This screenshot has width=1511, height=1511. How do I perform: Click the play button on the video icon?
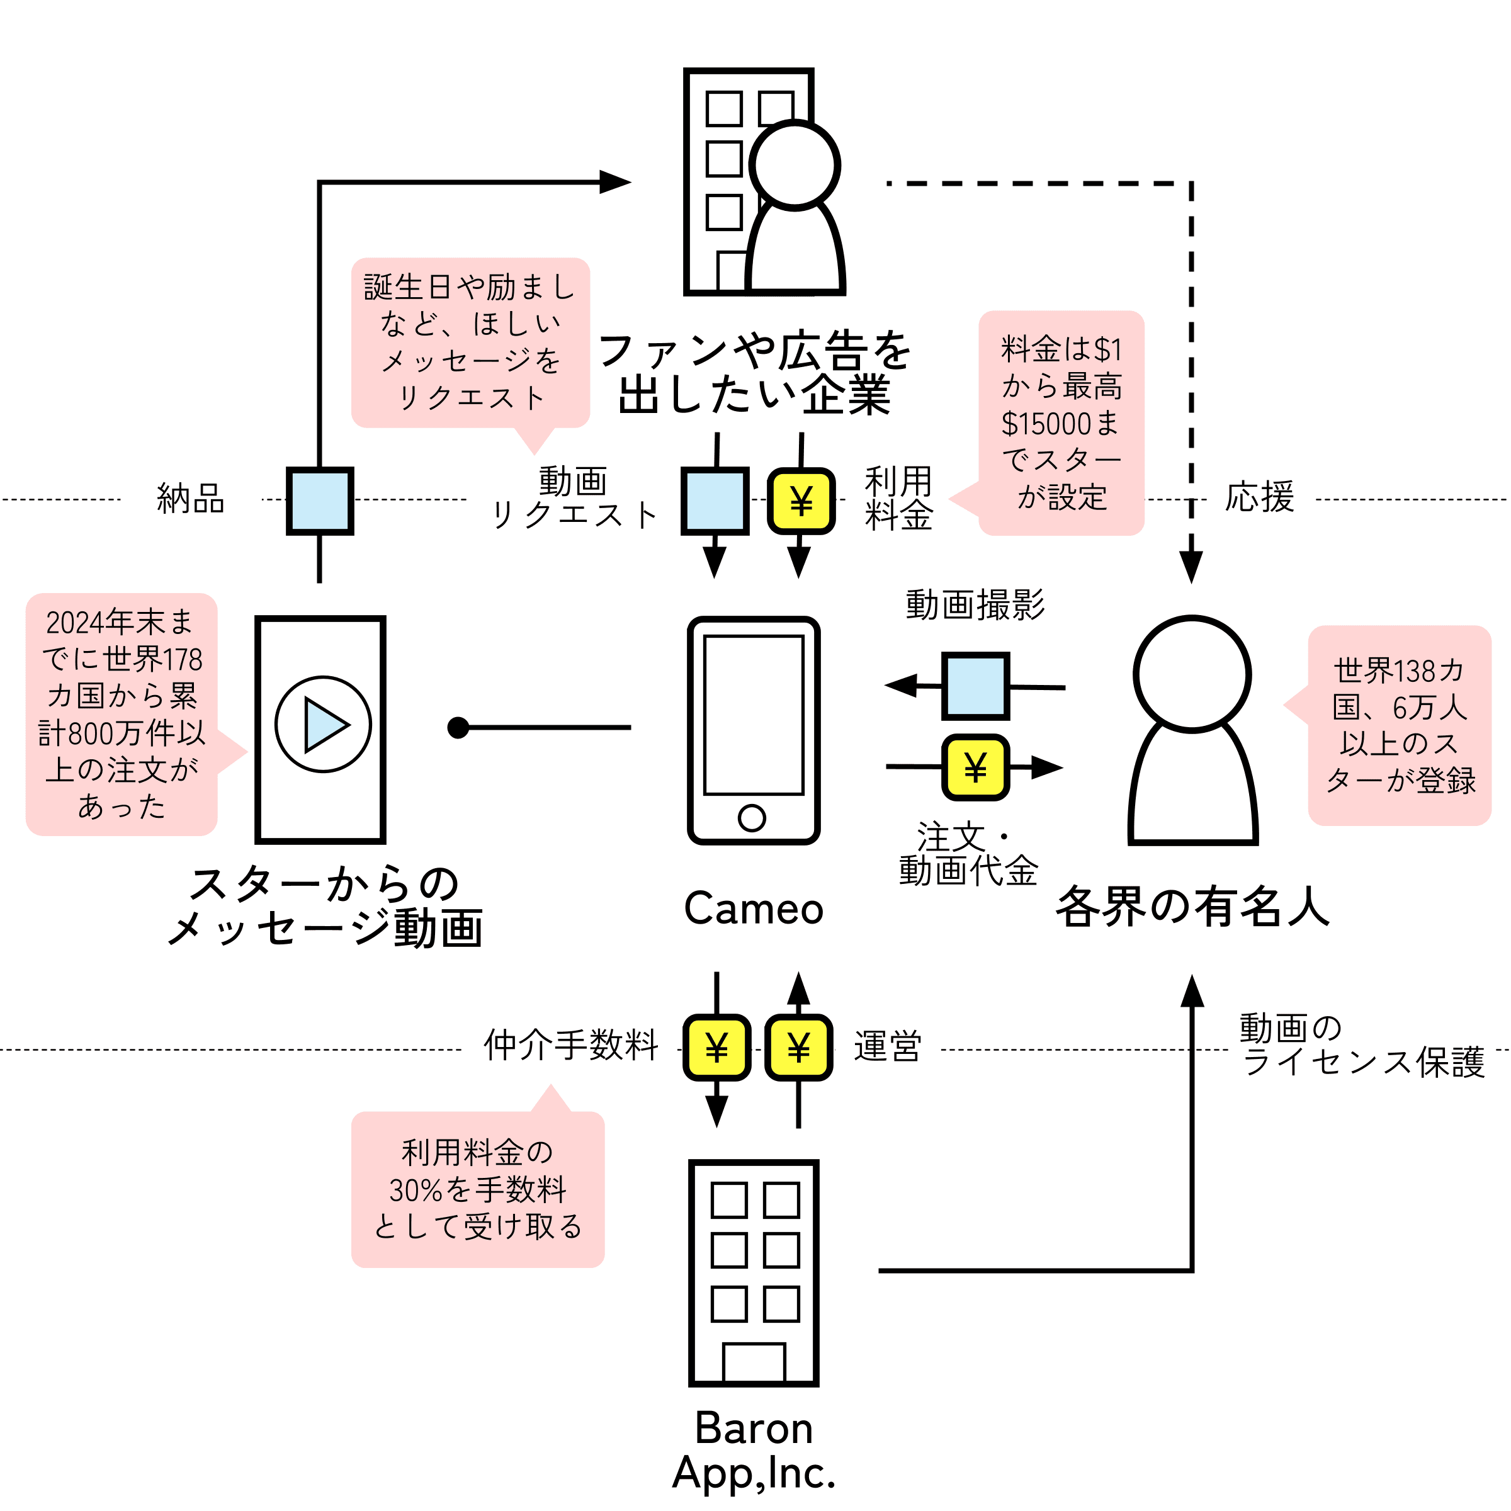click(323, 724)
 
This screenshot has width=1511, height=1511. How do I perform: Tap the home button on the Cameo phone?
click(752, 818)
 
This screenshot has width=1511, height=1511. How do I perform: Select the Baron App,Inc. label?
click(754, 1451)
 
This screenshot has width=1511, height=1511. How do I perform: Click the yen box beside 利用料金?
click(801, 501)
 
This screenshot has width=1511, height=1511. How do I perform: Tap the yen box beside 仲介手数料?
click(716, 1048)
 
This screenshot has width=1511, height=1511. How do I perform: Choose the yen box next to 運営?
click(798, 1048)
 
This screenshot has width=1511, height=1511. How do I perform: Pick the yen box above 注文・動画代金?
click(975, 767)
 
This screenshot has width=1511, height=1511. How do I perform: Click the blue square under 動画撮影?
click(975, 686)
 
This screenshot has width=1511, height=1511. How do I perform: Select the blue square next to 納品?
click(320, 501)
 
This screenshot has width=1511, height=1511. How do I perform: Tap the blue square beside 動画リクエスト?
click(715, 501)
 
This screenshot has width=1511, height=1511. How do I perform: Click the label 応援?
click(1259, 497)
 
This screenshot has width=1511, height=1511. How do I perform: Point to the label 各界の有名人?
click(1192, 907)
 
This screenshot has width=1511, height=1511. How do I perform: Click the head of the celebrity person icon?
click(1192, 674)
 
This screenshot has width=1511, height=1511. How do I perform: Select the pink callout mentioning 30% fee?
click(478, 1180)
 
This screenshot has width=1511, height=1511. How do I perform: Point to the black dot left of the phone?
click(458, 727)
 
